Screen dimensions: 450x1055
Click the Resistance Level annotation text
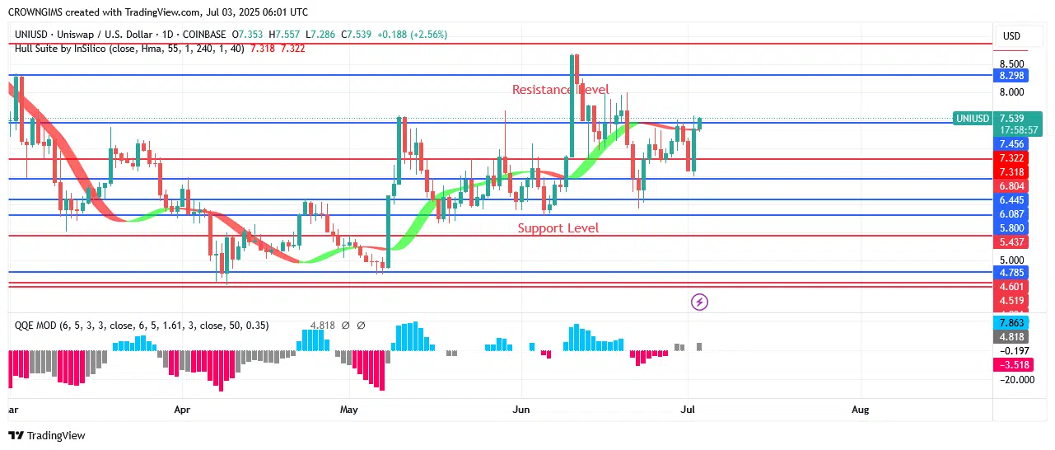coord(560,89)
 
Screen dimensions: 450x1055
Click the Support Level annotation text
coord(558,228)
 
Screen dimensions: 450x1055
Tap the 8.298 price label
coord(1011,76)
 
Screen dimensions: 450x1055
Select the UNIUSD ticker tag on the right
coord(972,119)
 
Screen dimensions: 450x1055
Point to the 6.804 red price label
coord(1011,186)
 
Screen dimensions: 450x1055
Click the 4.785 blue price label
coord(1011,271)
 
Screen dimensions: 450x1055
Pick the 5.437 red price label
coord(1011,243)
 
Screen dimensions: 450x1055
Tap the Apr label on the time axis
coord(183,409)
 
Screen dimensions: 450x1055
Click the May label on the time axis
coord(349,409)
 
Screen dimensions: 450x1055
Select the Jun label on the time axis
coord(520,409)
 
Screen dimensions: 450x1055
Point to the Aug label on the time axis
coord(860,409)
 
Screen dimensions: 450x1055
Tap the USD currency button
coord(1011,36)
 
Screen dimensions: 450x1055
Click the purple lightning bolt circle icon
coord(699,302)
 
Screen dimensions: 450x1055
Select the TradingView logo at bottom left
coord(47,435)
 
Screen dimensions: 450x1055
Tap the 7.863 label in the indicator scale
coord(1011,322)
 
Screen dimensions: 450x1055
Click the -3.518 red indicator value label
coord(1011,364)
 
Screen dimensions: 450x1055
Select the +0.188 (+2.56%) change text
coord(412,35)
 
